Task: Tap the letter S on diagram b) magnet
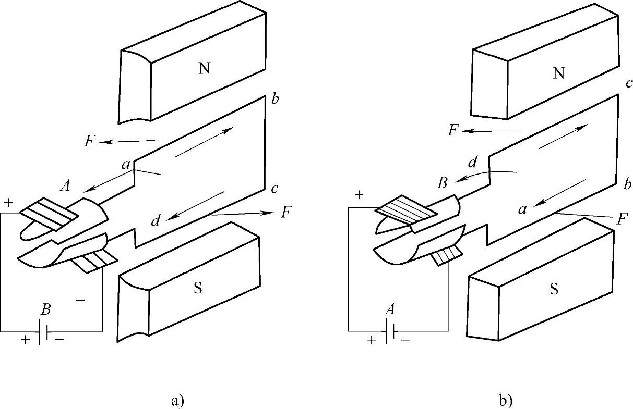(554, 290)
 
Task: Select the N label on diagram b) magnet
(559, 73)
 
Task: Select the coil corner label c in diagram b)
(629, 83)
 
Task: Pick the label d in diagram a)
(156, 221)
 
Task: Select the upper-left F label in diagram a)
(90, 141)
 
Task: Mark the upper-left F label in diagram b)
(453, 130)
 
